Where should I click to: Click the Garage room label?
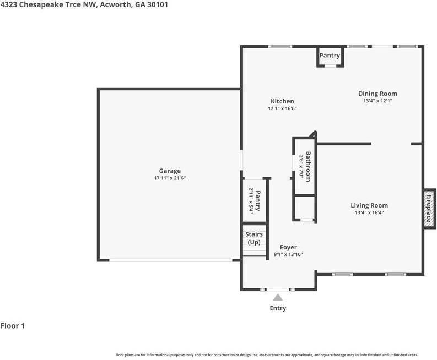pos(170,171)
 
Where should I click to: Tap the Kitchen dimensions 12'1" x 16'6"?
pos(282,108)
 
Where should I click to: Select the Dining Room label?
pos(377,94)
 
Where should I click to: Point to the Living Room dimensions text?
pos(369,212)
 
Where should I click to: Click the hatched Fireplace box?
pos(429,209)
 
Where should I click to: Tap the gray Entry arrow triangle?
pos(278,297)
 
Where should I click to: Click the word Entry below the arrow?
pos(278,308)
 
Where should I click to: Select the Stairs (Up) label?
pos(254,238)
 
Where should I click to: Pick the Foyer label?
pos(288,247)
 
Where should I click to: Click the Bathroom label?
pos(308,166)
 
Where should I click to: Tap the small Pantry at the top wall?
pos(330,56)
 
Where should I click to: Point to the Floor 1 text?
pos(13,326)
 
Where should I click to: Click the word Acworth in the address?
pos(116,5)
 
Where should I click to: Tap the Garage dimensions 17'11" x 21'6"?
pos(170,178)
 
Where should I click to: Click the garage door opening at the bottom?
pos(171,260)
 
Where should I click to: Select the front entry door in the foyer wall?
pos(278,290)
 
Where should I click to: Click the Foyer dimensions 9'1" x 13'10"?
pos(288,254)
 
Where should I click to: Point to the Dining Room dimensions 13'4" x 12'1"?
pos(377,101)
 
